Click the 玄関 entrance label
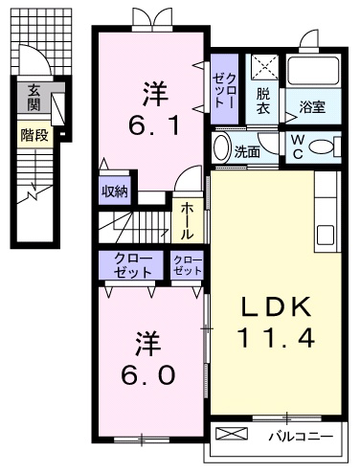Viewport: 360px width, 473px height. (x=34, y=98)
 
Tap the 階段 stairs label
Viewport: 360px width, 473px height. (x=34, y=135)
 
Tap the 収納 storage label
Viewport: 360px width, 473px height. (x=115, y=190)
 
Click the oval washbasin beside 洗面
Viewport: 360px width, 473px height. (x=221, y=149)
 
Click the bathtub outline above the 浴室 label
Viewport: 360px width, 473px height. (x=314, y=71)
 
